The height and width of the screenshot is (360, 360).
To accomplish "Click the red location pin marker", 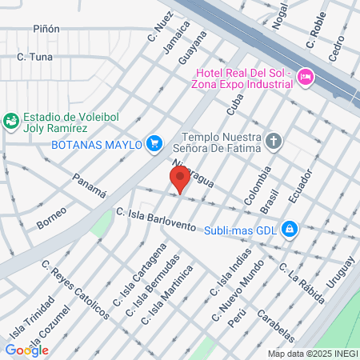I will (180, 179).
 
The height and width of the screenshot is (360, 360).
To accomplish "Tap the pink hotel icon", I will (305, 77).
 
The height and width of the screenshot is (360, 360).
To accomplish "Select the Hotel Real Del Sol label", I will (240, 77).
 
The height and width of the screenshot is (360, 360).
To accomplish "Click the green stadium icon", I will (11, 120).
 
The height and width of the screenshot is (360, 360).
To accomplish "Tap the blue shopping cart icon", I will (156, 144).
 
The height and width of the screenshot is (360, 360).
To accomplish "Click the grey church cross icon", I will (274, 142).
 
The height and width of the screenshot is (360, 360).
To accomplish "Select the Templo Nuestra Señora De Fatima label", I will (221, 142).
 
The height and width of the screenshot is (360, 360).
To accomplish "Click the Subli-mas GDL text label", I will (240, 230).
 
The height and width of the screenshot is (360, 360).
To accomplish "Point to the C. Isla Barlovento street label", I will (155, 219).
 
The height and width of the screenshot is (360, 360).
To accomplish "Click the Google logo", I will (26, 350).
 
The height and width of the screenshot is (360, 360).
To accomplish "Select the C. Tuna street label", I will (34, 57).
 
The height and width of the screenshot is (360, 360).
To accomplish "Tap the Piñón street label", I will (46, 29).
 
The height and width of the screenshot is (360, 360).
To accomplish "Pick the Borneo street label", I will (51, 217).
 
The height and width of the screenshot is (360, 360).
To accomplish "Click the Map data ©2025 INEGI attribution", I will (312, 353).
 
